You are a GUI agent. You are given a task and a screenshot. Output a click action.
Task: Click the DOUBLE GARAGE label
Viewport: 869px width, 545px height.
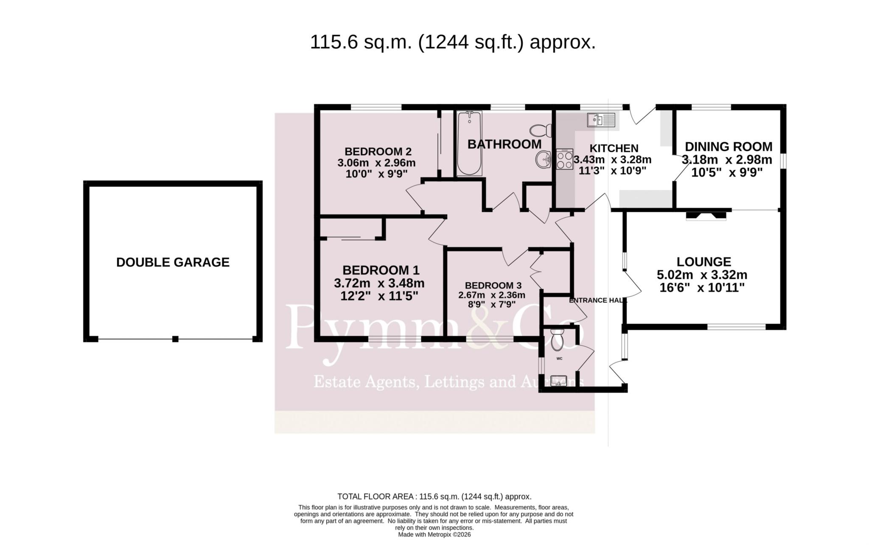click(173, 262)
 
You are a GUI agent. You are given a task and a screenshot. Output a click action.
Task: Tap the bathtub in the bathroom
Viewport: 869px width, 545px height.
click(469, 143)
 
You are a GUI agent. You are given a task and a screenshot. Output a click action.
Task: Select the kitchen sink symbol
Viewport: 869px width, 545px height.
click(601, 120)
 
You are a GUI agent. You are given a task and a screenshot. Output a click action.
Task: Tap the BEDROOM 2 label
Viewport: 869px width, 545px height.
click(378, 152)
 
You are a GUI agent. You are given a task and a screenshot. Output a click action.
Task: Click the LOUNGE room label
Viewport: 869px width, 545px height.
click(704, 261)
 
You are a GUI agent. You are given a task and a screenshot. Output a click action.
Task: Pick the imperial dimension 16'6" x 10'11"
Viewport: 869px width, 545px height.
click(702, 288)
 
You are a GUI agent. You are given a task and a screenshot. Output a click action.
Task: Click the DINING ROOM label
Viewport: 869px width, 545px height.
click(729, 147)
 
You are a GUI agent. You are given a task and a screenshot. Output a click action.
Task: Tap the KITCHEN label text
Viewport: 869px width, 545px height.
click(614, 148)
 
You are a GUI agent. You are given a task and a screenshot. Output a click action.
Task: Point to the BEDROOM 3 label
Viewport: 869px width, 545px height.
click(493, 286)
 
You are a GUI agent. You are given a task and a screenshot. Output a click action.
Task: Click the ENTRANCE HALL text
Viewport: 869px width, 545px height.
click(598, 301)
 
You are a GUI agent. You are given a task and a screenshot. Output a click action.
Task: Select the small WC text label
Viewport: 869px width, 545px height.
click(559, 359)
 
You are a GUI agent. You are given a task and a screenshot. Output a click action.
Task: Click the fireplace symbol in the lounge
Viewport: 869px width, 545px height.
click(706, 215)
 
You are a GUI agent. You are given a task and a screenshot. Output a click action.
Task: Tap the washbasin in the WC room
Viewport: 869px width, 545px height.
click(559, 381)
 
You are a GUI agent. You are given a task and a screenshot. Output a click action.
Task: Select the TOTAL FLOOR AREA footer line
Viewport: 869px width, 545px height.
click(434, 497)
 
